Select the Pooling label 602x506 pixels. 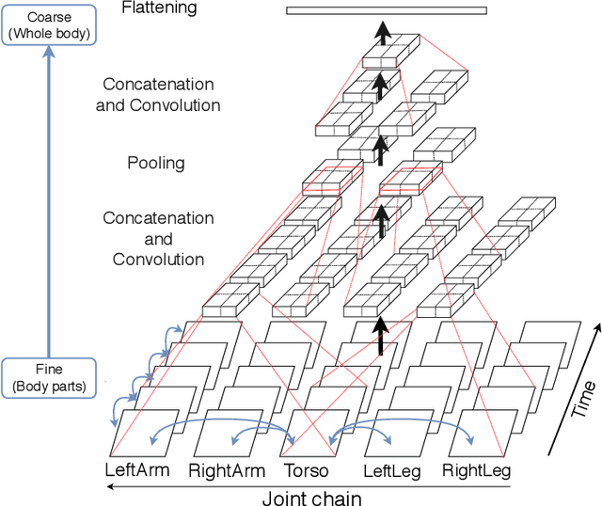tap(156, 163)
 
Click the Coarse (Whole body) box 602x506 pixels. tap(48, 25)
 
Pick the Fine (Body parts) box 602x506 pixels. tap(48, 375)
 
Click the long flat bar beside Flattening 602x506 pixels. tap(387, 11)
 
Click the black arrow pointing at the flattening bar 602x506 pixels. tap(382, 33)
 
